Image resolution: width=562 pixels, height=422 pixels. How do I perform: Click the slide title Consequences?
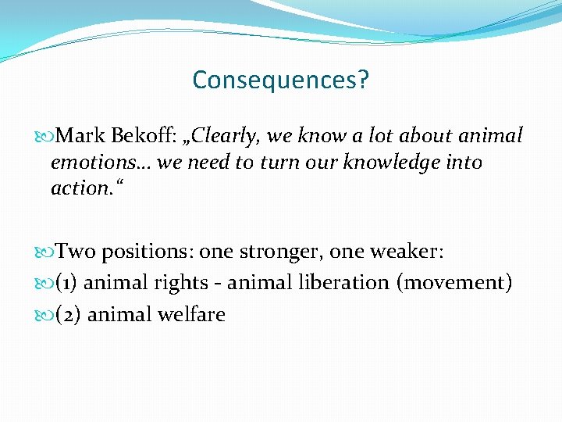click(x=280, y=80)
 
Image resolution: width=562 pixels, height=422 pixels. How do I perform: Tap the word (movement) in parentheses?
click(x=456, y=283)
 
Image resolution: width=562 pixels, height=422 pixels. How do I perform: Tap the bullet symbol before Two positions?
click(x=48, y=252)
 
